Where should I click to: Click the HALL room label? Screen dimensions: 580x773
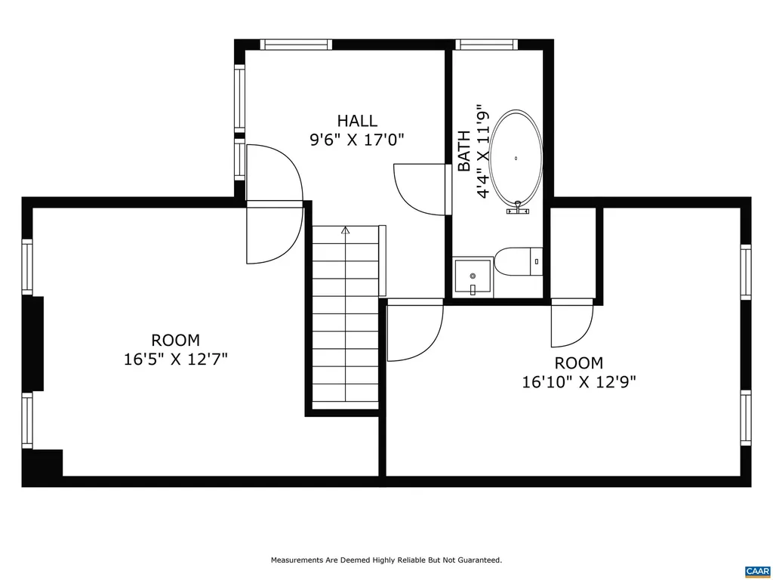[x=357, y=121]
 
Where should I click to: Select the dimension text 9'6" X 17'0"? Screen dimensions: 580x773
[x=357, y=140]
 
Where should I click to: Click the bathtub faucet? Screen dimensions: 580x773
[x=517, y=208]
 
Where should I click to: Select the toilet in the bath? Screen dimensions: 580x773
[x=518, y=262]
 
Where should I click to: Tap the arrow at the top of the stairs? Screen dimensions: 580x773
[x=346, y=231]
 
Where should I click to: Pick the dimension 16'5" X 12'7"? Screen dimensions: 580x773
[x=176, y=359]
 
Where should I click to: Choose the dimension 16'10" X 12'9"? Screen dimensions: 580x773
[x=579, y=382]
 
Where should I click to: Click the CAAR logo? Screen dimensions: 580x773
[x=756, y=569]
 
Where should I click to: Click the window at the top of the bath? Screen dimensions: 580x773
[x=487, y=45]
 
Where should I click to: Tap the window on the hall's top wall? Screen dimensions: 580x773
[x=296, y=45]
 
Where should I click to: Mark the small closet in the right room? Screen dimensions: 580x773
[x=574, y=252]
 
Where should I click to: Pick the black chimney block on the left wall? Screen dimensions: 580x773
[x=34, y=344]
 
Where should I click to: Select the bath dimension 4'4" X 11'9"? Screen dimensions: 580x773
[x=483, y=150]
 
